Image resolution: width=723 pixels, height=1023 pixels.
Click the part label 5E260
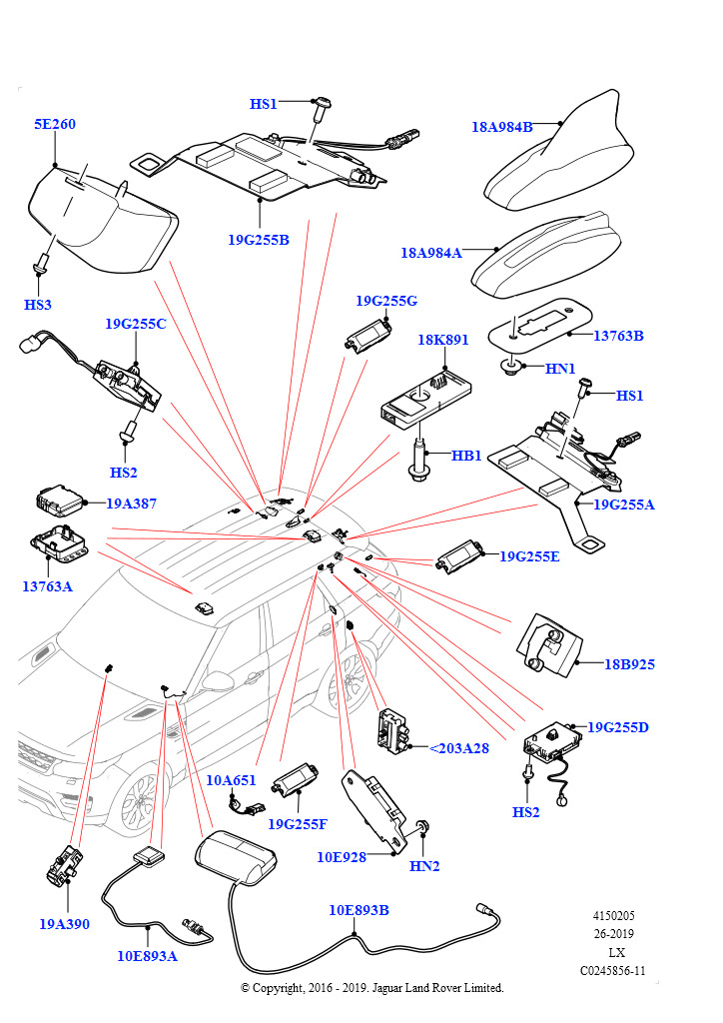55,125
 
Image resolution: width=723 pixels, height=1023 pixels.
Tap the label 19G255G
386,300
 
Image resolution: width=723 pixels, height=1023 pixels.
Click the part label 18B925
630,663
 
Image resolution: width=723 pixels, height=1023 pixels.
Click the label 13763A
47,586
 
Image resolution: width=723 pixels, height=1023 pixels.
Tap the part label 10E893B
360,910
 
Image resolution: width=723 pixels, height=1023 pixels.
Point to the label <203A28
458,747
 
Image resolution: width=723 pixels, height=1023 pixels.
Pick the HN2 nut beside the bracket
424,828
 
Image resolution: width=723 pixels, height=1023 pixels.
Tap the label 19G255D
618,726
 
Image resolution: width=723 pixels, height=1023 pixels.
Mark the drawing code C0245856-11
613,970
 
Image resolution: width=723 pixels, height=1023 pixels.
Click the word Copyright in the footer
279,988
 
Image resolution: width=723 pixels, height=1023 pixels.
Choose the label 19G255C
136,324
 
